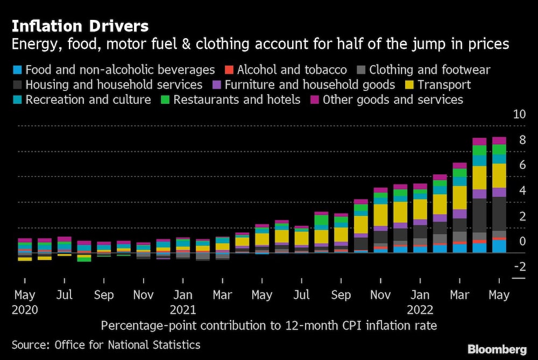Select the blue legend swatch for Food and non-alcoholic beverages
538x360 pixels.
pyautogui.click(x=17, y=70)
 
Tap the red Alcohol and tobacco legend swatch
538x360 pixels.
pyautogui.click(x=229, y=70)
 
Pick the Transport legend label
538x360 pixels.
pyautogui.click(x=444, y=85)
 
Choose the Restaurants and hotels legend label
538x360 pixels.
pyautogui.click(x=237, y=100)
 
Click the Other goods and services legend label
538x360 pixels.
pyautogui.click(x=393, y=100)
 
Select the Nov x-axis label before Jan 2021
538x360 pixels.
pyautogui.click(x=143, y=295)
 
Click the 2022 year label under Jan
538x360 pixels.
pyautogui.click(x=420, y=310)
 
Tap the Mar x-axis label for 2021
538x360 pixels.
pyautogui.click(x=222, y=295)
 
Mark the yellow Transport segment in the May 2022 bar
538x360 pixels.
pyautogui.click(x=499, y=175)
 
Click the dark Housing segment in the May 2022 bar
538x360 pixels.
pyautogui.click(x=499, y=214)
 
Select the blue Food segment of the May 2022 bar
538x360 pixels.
pyautogui.click(x=499, y=246)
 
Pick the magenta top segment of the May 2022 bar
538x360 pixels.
pyautogui.click(x=499, y=140)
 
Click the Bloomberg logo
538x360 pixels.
pyautogui.click(x=497, y=349)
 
